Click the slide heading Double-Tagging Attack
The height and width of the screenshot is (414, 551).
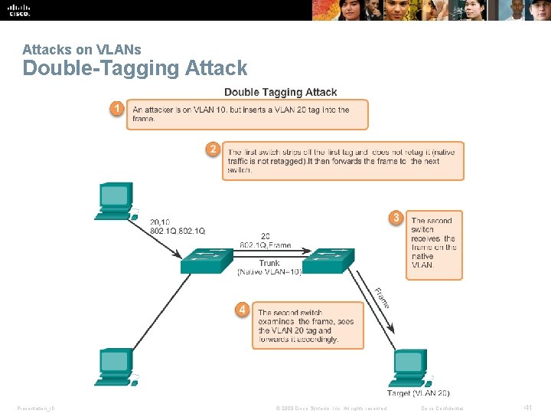[135, 68]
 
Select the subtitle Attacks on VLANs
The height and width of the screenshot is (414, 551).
[82, 50]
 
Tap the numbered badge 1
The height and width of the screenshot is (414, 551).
[116, 110]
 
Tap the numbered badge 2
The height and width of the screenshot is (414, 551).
[214, 149]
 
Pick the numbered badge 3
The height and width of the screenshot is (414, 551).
[396, 218]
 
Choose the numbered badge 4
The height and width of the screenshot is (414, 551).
[242, 310]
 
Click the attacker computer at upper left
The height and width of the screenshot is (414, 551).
[115, 202]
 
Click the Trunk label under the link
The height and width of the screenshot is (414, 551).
[269, 263]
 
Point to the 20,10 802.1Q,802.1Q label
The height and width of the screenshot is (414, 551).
[178, 226]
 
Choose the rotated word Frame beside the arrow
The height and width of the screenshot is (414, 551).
[381, 298]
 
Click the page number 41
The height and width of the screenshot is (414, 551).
[527, 408]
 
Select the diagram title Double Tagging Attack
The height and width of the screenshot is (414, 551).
[280, 92]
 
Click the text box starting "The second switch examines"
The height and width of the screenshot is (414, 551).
[308, 325]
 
